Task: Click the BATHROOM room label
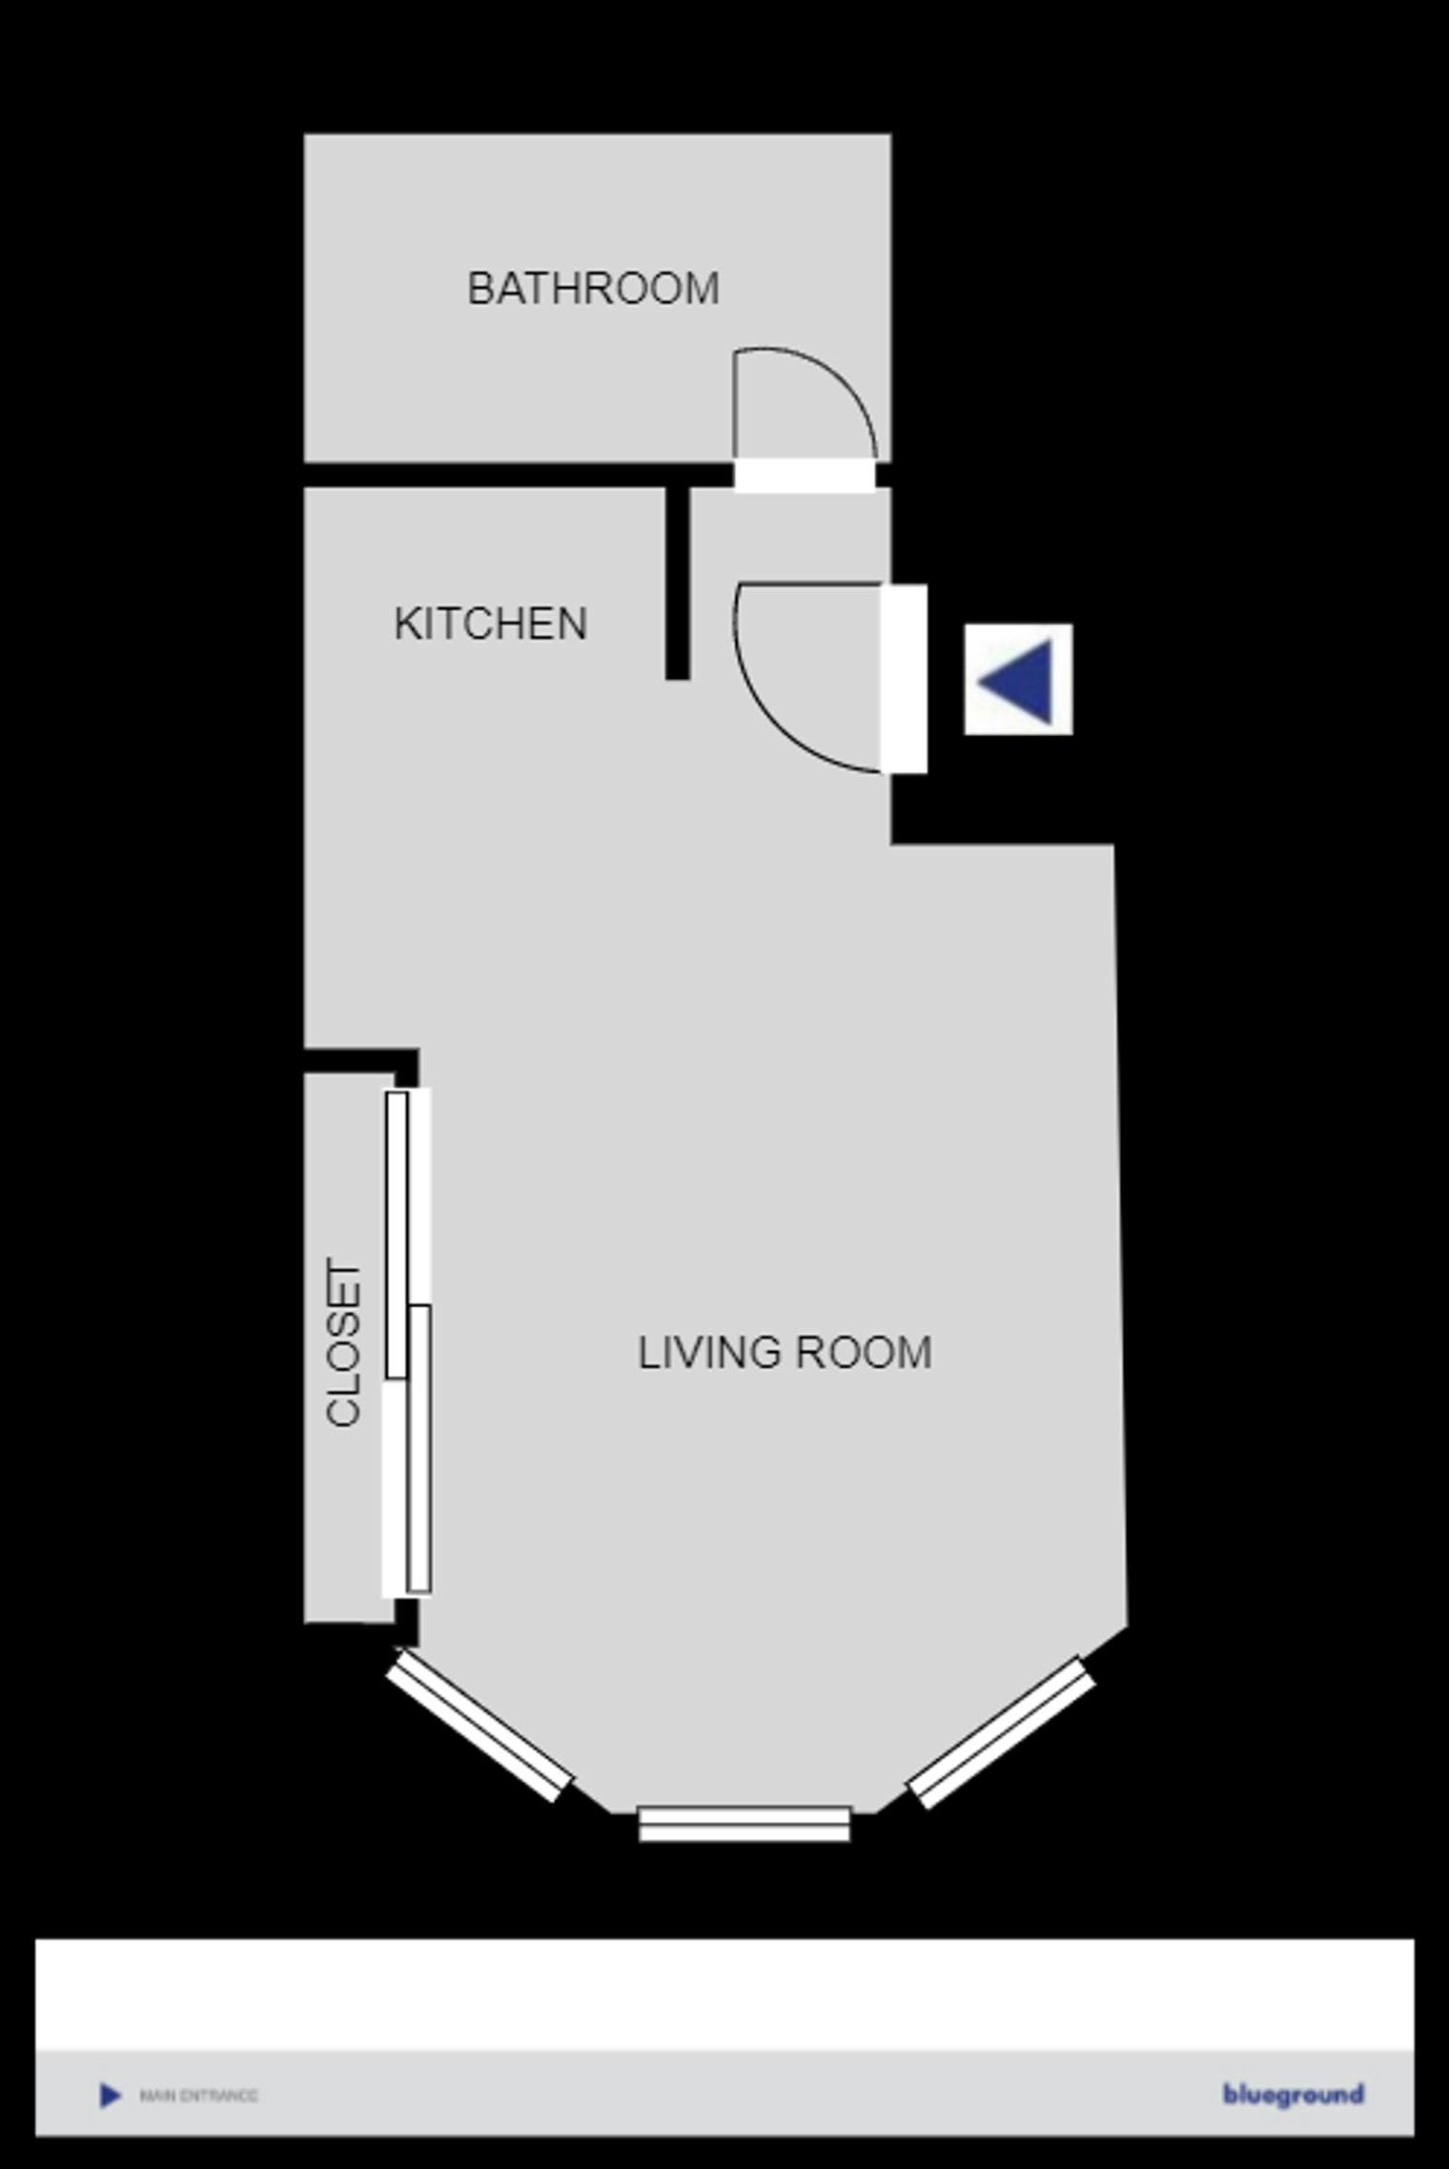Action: point(593,289)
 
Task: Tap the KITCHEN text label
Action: point(490,624)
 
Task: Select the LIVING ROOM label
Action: point(784,1353)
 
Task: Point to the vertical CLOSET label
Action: point(344,1343)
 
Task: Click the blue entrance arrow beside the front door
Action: point(1018,680)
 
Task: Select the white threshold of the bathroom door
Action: point(805,475)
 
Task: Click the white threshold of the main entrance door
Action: point(904,679)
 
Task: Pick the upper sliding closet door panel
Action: point(397,1235)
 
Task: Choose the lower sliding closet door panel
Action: point(419,1449)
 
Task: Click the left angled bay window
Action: point(479,1727)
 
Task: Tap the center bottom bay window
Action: point(744,1823)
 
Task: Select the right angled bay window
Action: point(1001,1732)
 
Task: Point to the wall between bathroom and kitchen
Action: point(515,475)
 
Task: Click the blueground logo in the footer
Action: point(1293,2095)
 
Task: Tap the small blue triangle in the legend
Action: point(111,2096)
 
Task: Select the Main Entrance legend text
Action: point(198,2096)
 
